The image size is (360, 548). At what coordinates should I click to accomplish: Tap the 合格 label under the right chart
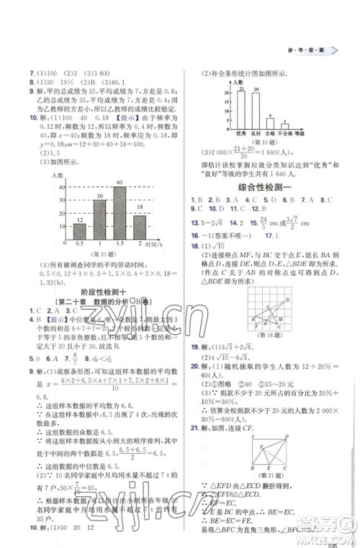pos(269,134)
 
